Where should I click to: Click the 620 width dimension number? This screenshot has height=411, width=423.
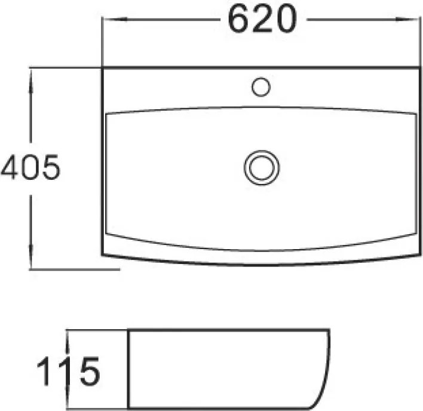262,19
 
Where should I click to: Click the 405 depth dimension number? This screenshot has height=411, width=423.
30,167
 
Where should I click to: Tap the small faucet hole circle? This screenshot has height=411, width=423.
261,87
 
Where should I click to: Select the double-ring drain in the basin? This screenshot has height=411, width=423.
262,167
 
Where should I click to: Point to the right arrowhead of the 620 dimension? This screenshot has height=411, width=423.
407,20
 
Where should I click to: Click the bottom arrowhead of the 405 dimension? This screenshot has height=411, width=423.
30,257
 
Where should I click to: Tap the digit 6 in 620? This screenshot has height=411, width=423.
238,19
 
